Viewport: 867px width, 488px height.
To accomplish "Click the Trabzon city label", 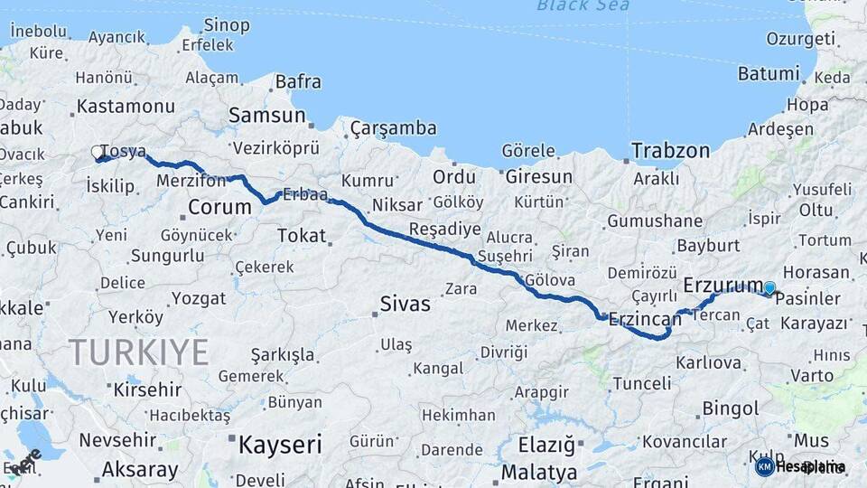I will tap(670, 151).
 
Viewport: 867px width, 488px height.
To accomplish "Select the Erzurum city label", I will tap(723, 286).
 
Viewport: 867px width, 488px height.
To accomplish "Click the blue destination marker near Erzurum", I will tap(769, 288).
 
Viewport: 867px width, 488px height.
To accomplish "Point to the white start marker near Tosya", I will tap(97, 154).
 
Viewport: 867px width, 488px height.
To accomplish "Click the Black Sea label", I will tap(583, 6).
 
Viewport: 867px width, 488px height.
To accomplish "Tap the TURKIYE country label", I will tap(139, 352).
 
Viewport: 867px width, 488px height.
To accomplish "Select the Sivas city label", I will tap(406, 304).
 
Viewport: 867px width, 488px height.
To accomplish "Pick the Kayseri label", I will tap(280, 444).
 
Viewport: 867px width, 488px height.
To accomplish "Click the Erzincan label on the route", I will tap(644, 318).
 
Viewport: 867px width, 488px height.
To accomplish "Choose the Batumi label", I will tap(769, 73).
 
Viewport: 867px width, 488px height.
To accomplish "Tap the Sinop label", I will tap(227, 24).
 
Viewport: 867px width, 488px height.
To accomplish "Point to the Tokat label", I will tap(301, 235).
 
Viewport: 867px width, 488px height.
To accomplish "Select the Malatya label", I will tap(538, 472).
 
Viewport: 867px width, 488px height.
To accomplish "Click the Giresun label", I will tap(539, 176).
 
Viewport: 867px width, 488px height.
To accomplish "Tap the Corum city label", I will tap(219, 207).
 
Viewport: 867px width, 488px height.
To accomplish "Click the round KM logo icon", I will tap(764, 466).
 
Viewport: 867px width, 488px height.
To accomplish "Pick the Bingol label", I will tap(730, 408).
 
